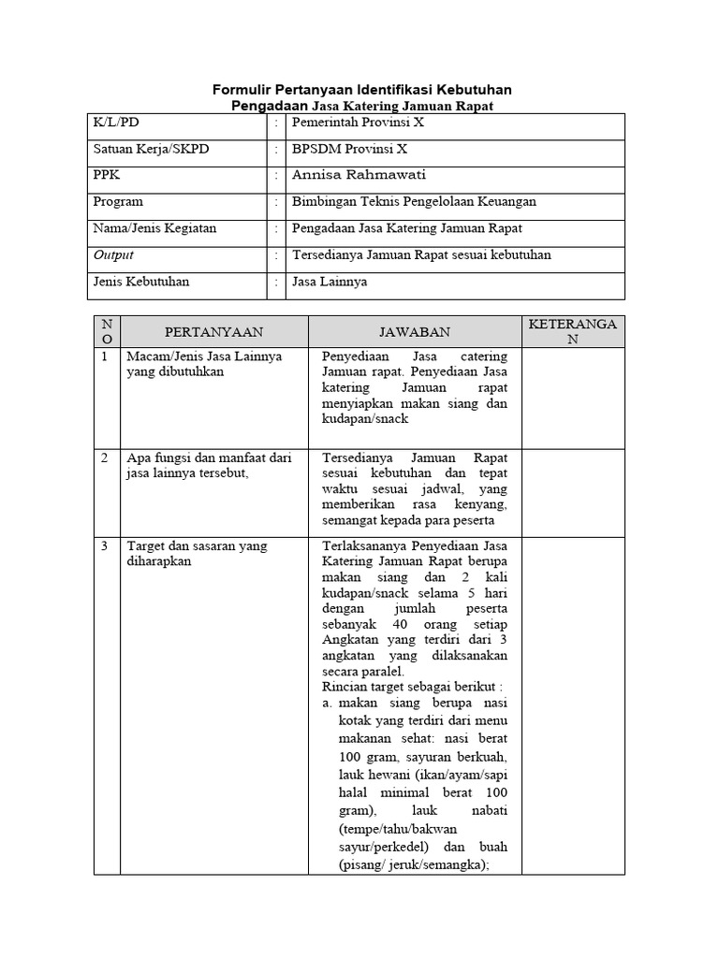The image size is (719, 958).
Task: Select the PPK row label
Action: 106,175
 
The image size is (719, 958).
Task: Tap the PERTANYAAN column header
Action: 214,332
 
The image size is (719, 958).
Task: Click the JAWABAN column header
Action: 414,332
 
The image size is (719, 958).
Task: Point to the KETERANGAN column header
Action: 572,332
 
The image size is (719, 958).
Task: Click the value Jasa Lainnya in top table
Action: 330,282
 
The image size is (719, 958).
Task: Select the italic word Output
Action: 113,254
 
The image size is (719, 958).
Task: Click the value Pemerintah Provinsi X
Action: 359,123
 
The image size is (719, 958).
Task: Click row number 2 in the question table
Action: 106,458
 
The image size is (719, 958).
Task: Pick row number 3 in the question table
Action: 106,546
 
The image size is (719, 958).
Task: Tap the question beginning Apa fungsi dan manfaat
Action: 209,465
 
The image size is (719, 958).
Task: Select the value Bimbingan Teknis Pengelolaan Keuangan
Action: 414,202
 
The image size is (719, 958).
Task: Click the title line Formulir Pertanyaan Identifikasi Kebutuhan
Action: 362,90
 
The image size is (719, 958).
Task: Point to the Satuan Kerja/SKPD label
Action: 138,149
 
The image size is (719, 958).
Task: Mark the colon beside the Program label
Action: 275,202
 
